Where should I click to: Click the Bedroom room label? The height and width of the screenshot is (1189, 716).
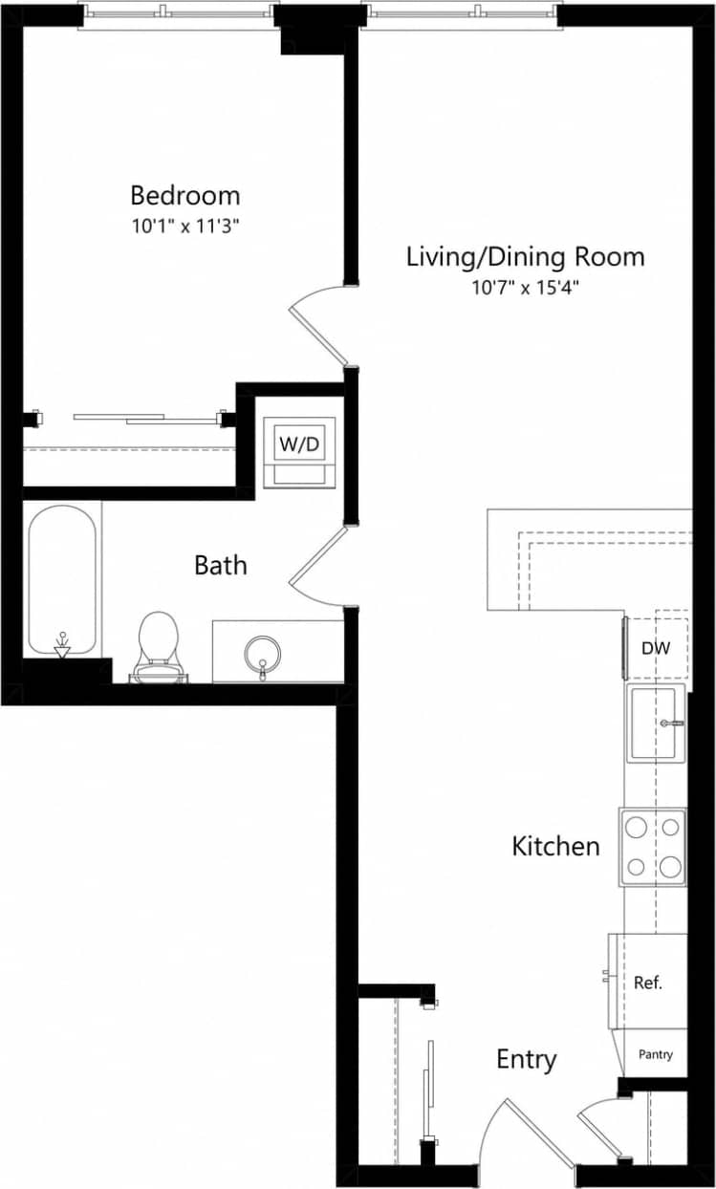click(x=184, y=196)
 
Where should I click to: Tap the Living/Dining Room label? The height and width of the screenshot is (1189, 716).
click(x=525, y=256)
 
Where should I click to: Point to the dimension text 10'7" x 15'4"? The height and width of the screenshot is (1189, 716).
click(x=525, y=287)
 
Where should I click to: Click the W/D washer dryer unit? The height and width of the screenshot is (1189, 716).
click(x=299, y=445)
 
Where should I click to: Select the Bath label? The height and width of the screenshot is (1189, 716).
click(x=220, y=565)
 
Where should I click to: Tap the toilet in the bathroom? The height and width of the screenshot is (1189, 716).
click(x=159, y=645)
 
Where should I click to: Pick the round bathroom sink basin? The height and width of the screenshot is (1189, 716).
click(x=262, y=655)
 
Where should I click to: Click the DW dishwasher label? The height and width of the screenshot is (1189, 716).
click(x=656, y=648)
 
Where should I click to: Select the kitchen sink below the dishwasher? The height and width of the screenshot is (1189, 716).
click(x=656, y=723)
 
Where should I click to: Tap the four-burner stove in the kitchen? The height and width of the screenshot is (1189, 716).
click(x=654, y=847)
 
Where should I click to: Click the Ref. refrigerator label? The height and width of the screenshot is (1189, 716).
click(x=648, y=982)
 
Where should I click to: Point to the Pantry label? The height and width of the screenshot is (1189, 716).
click(x=655, y=1055)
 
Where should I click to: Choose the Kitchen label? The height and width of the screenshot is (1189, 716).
click(x=555, y=846)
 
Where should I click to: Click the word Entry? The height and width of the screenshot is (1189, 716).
click(x=526, y=1059)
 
